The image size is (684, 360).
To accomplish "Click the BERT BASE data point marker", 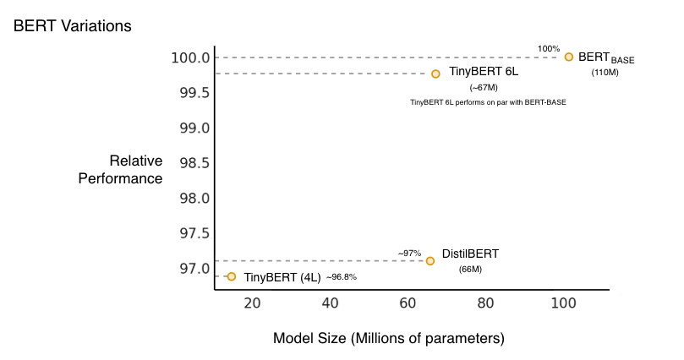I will [x=569, y=57].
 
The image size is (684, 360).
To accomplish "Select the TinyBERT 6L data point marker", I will [x=435, y=74].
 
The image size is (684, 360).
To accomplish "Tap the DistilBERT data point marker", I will [x=430, y=261].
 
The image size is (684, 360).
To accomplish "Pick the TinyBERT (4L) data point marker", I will [x=232, y=276].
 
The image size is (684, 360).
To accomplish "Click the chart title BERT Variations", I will [x=73, y=25].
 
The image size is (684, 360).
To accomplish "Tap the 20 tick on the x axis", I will [x=253, y=303].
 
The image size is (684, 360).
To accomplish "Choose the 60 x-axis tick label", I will [x=408, y=303].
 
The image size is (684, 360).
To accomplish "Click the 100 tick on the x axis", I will [x=562, y=303].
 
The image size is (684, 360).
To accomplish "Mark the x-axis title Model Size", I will [x=389, y=338].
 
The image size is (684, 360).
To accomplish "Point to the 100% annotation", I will [x=549, y=49].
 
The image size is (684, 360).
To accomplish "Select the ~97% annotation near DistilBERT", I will [x=410, y=253].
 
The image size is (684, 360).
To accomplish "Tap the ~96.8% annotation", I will [x=342, y=277].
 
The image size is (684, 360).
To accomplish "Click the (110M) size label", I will [x=605, y=73].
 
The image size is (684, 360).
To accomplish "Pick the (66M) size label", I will [x=470, y=269].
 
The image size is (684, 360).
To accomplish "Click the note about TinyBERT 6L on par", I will [x=488, y=102].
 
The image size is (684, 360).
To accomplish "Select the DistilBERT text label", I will [x=470, y=254].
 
